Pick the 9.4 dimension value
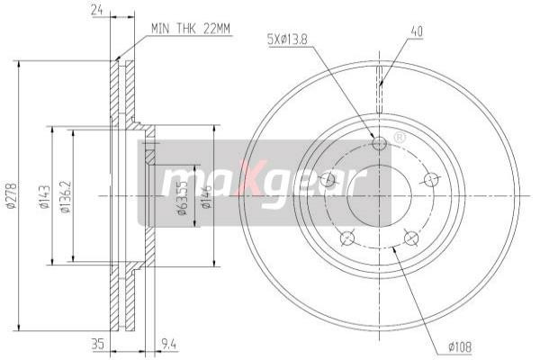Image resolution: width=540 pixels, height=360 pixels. tap(167, 342)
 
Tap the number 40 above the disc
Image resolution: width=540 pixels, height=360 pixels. tap(417, 31)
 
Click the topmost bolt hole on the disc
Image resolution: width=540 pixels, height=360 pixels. tap(379, 142)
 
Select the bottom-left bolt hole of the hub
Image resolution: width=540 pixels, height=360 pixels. tap(346, 238)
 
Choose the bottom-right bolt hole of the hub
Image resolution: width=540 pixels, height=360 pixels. tap(411, 238)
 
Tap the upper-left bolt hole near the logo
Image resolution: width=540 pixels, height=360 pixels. tap(328, 180)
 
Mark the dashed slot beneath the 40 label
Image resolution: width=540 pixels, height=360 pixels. tap(380, 82)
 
